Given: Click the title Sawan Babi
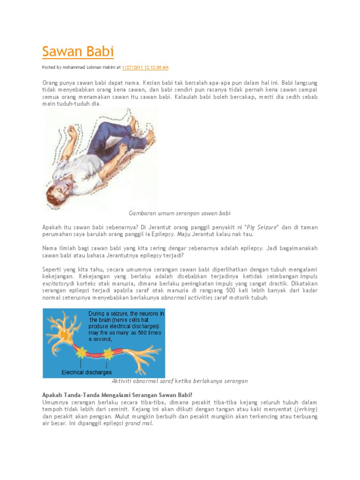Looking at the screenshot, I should click(78, 51).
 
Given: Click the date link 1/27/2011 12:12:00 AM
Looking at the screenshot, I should click(145, 67).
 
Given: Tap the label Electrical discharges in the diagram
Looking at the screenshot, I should click(87, 372).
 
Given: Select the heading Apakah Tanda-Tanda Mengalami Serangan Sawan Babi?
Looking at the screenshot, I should click(117, 395).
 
